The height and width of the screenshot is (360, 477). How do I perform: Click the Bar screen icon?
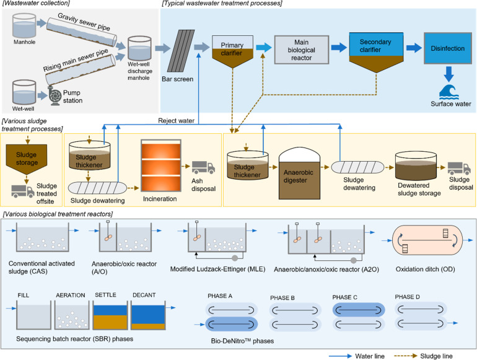(x=180, y=48)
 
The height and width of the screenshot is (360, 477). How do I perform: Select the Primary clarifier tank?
(x=230, y=50)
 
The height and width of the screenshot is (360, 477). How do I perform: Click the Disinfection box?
(x=447, y=45)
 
